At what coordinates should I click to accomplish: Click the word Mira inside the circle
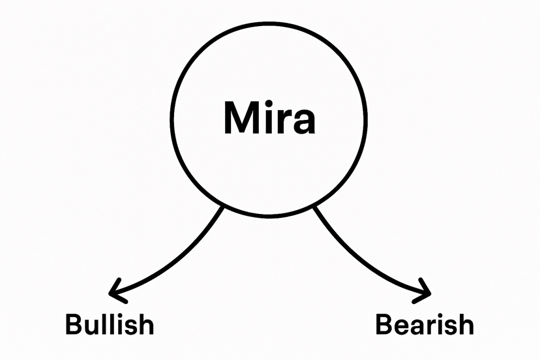click(x=269, y=118)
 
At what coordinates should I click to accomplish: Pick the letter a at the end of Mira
click(x=303, y=123)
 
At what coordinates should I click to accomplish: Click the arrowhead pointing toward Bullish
click(x=115, y=291)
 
